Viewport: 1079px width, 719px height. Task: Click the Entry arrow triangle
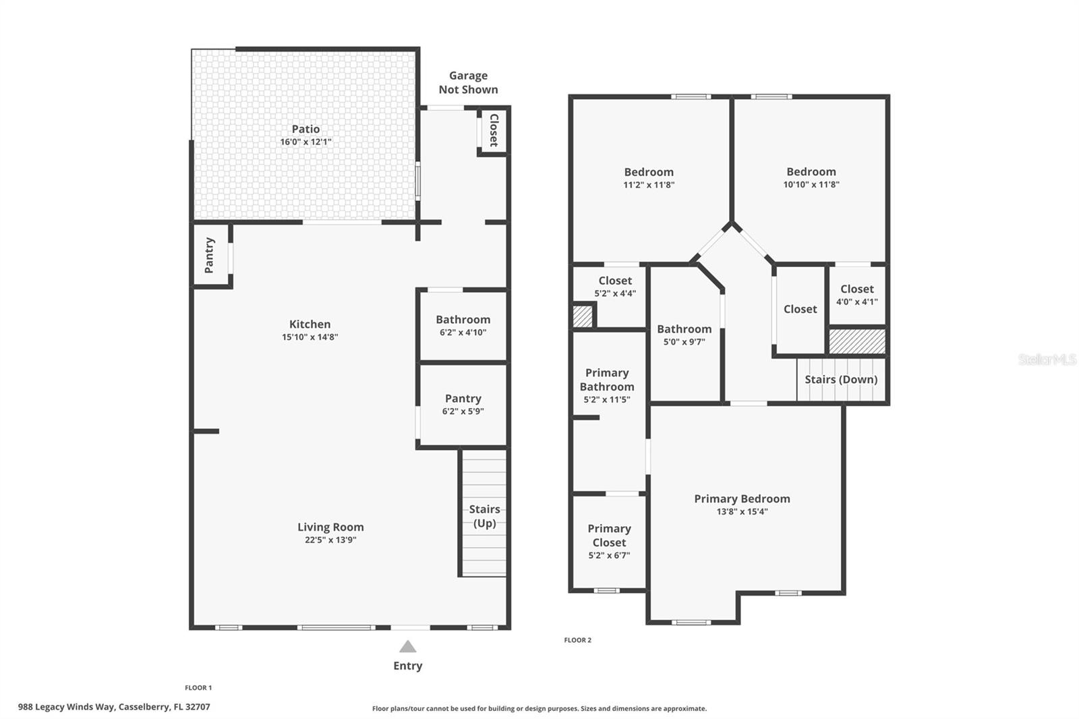(x=407, y=647)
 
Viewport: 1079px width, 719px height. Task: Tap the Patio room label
(x=305, y=129)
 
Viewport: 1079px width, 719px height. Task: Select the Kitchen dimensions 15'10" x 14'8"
(x=310, y=337)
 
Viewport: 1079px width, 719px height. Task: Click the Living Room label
(x=330, y=527)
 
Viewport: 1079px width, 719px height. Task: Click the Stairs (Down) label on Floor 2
(x=841, y=379)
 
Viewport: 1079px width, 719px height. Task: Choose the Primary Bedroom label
(x=742, y=498)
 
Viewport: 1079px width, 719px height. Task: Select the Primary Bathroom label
(x=607, y=380)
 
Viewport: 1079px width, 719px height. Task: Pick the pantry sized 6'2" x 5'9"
(x=463, y=404)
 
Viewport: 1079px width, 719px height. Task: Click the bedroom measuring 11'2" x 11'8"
(x=649, y=177)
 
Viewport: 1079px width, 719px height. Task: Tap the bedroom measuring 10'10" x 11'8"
(x=811, y=177)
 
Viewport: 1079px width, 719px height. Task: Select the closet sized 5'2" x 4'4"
(x=614, y=287)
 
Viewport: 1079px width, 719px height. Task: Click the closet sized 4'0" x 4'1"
(x=856, y=295)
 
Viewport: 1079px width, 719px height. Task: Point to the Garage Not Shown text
(x=468, y=82)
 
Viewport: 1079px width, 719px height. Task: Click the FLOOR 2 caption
(x=577, y=640)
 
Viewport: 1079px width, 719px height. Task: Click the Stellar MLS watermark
(x=1047, y=359)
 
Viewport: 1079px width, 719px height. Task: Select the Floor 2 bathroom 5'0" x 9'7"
(x=684, y=335)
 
